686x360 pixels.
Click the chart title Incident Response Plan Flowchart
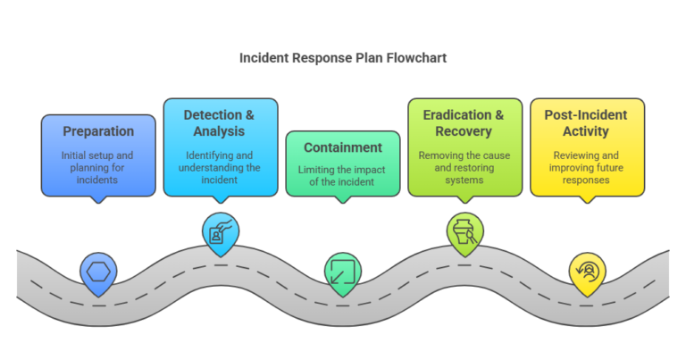[x=343, y=58]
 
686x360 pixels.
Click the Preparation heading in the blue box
[x=98, y=131]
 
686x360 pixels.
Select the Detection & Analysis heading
[x=220, y=122]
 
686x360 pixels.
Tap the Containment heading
[x=343, y=147]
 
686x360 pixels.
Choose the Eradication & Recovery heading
[x=464, y=122]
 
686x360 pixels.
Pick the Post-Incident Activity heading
[x=586, y=122]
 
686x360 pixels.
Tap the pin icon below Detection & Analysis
[x=220, y=232]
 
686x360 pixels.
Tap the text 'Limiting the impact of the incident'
[x=343, y=175]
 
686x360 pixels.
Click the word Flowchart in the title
[x=414, y=58]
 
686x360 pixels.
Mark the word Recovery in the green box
[x=464, y=131]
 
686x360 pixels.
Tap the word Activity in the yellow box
[x=586, y=131]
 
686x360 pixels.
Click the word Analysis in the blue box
[x=220, y=131]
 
